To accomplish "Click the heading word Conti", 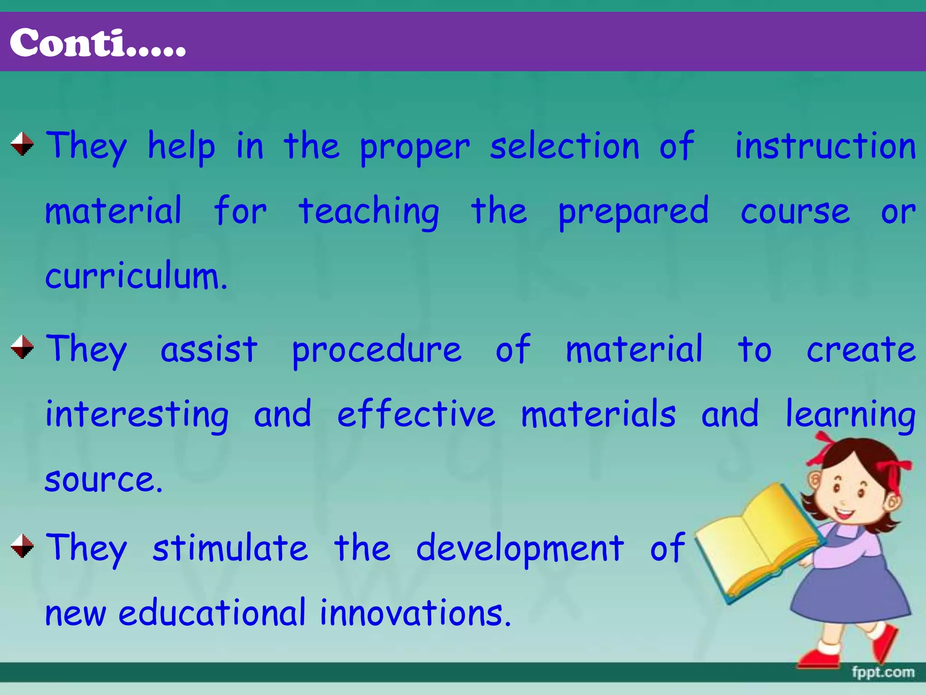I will pyautogui.click(x=97, y=43).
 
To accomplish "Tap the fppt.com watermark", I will pyautogui.click(x=883, y=672).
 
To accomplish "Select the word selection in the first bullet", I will pyautogui.click(x=565, y=146).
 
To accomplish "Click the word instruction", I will pyautogui.click(x=825, y=146).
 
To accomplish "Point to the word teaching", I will pyautogui.click(x=369, y=212).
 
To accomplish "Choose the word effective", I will pyautogui.click(x=416, y=414).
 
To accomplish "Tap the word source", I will pyautogui.click(x=104, y=480).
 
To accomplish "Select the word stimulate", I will pyautogui.click(x=230, y=548).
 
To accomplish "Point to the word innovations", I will pyautogui.click(x=415, y=613).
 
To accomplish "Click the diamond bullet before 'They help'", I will pyautogui.click(x=22, y=144).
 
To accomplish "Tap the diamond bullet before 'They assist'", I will pyautogui.click(x=22, y=347).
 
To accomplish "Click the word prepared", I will pyautogui.click(x=633, y=212).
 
